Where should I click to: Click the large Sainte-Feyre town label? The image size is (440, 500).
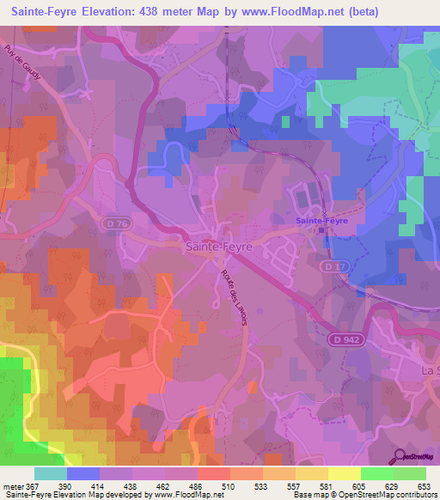(x=219, y=246)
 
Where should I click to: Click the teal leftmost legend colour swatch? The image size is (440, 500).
(x=51, y=473)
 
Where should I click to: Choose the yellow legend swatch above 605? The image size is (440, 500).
(x=344, y=473)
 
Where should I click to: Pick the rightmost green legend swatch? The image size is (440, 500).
(x=409, y=473)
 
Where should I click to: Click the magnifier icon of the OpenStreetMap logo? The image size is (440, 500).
(x=398, y=458)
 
